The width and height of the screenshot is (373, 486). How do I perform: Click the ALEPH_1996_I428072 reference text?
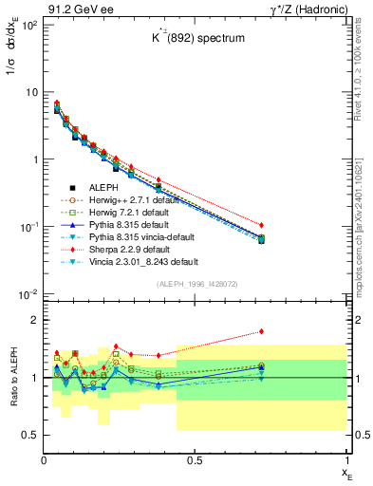(196, 284)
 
